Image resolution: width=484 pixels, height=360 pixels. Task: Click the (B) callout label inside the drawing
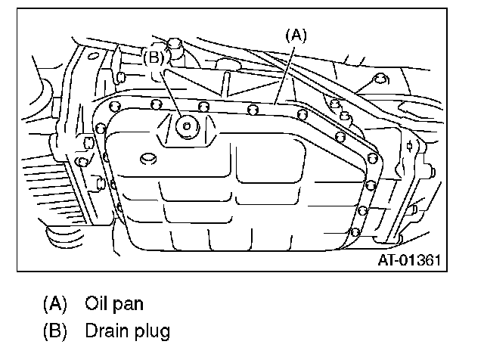pyautogui.click(x=154, y=55)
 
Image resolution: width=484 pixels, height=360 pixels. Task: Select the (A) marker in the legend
pyautogui.click(x=54, y=304)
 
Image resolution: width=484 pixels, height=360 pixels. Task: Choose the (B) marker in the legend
pyautogui.click(x=54, y=331)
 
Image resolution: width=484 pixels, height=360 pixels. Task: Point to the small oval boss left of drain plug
pyautogui.click(x=148, y=157)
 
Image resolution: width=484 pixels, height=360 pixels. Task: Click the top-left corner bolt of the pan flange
pyautogui.click(x=114, y=106)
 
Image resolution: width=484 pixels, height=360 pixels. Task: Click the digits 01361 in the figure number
pyautogui.click(x=421, y=260)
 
